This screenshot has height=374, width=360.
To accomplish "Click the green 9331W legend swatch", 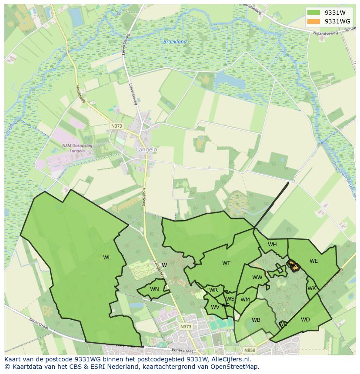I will coord(313,13).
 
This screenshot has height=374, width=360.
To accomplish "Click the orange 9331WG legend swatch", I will coord(313,21).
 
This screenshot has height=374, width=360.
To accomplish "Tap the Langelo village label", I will coord(146,149).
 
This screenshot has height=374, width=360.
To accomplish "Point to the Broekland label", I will coord(175,42).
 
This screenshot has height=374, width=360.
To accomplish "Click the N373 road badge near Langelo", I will coord(117,126).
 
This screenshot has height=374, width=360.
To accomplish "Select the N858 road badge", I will coord(249,350).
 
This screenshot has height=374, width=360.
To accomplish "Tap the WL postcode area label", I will coord(107,258).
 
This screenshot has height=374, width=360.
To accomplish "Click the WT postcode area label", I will coord(226,263).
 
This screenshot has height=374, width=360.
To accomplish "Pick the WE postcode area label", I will coord(313,261).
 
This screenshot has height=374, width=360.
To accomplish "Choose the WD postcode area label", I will coord(305,320).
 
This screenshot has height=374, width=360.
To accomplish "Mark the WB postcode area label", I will coord(256,320).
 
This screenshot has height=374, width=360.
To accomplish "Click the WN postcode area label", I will coord(154,289).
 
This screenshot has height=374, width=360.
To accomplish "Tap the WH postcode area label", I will coord(272,245).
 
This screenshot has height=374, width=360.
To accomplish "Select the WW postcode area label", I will coord(257,278).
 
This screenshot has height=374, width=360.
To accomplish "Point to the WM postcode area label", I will coord(245,299).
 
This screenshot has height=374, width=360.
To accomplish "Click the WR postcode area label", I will coord(213,290).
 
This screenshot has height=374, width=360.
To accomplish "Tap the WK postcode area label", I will coord(312,288).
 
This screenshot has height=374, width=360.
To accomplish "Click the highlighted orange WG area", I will coord(294,265).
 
